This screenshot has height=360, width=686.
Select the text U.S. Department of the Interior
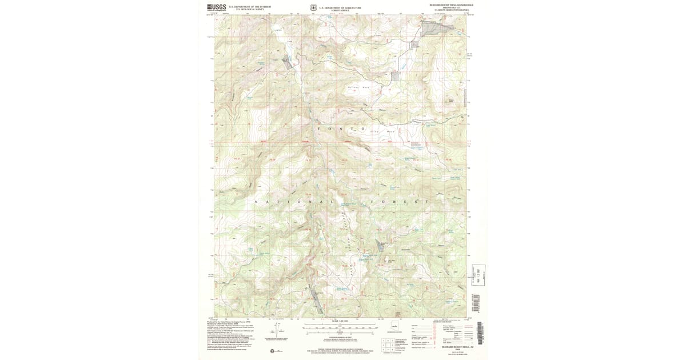tap(250, 6)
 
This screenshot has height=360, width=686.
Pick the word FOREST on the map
tap(398, 202)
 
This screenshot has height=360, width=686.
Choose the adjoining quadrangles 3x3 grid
tap(389, 345)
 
